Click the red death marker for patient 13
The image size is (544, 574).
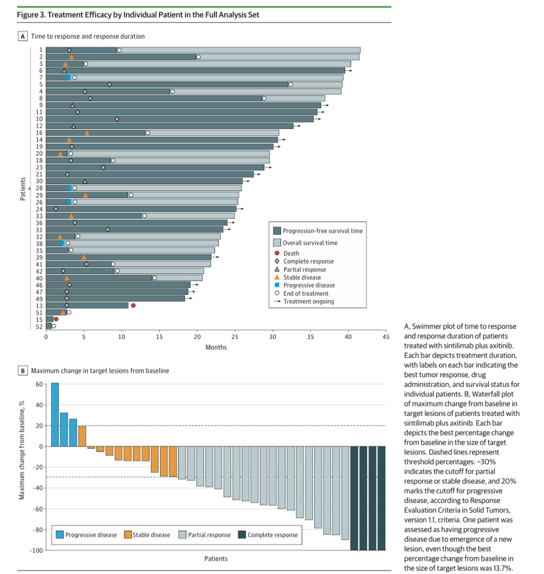pyautogui.click(x=133, y=305)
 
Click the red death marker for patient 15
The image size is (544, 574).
pyautogui.click(x=56, y=319)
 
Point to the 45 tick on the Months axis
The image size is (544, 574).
pyautogui.click(x=385, y=337)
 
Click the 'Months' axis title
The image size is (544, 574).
pyautogui.click(x=216, y=347)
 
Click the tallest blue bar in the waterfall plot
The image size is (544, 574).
pyautogui.click(x=55, y=415)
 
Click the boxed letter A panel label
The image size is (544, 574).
pyautogui.click(x=22, y=36)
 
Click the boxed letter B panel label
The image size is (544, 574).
pyautogui.click(x=22, y=371)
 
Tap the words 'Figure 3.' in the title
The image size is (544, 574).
pyautogui.click(x=32, y=15)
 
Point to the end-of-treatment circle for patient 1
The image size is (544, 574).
pyautogui.click(x=119, y=50)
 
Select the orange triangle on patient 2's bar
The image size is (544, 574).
pyautogui.click(x=72, y=57)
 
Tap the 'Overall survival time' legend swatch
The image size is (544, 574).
pyautogui.click(x=277, y=242)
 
